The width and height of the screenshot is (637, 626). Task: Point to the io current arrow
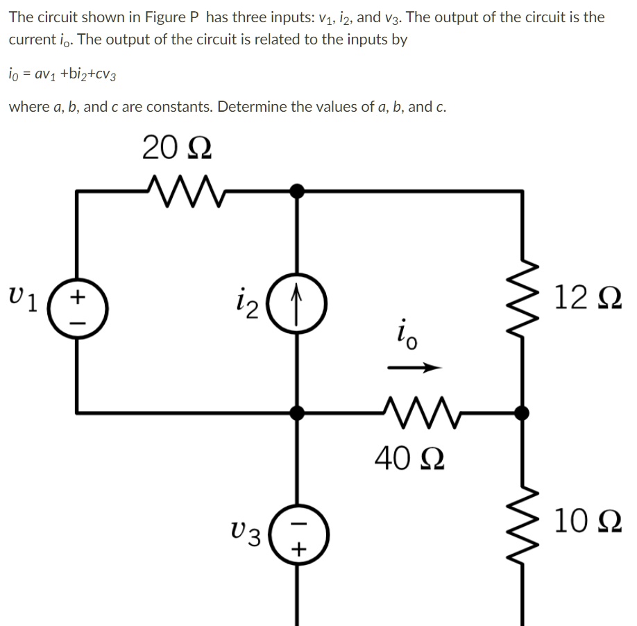click(414, 369)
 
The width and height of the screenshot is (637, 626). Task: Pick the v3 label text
click(246, 533)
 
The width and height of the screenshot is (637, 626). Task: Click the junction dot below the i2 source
click(298, 413)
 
